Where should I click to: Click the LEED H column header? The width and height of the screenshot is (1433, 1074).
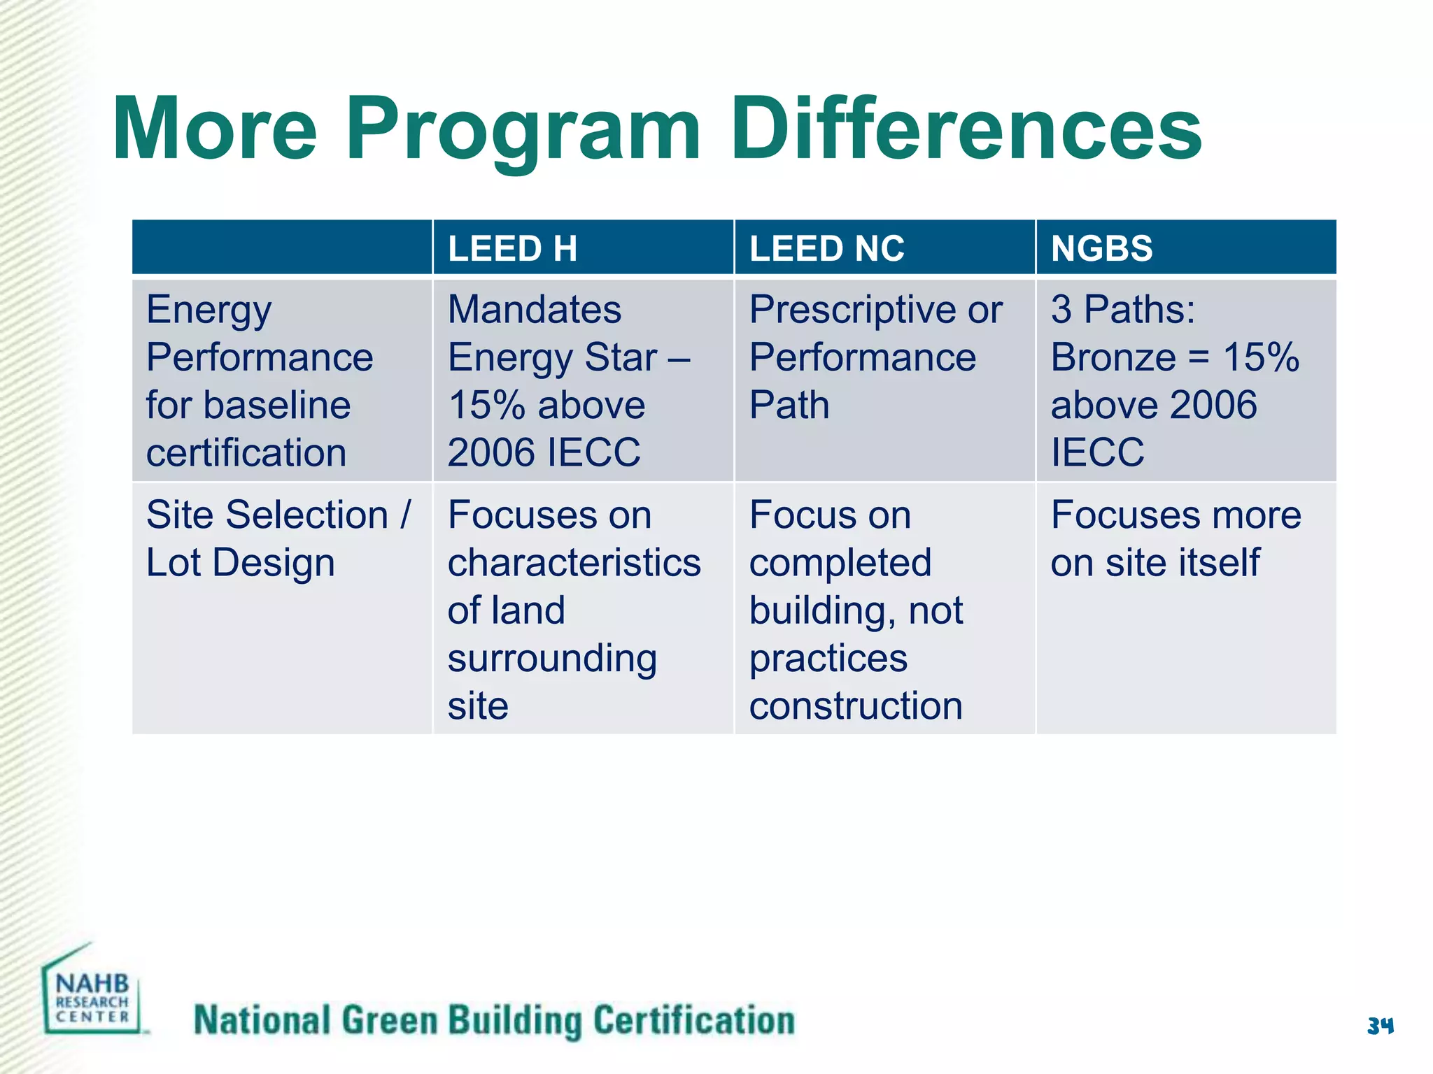[x=512, y=249]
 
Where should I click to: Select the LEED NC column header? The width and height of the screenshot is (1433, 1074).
[x=826, y=249]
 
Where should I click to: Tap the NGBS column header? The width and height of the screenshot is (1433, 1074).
[x=1101, y=249]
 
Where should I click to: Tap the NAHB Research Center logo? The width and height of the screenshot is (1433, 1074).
[x=92, y=993]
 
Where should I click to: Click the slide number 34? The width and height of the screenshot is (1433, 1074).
[x=1380, y=1026]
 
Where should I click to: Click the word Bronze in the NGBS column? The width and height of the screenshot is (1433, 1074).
[x=1113, y=358]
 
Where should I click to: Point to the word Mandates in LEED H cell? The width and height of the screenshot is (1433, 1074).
[x=535, y=310]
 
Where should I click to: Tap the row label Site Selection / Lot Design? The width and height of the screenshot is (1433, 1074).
[x=278, y=538]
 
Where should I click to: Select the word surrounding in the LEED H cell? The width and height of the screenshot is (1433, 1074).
[x=552, y=659]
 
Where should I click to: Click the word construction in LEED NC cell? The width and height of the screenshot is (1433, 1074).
[x=856, y=706]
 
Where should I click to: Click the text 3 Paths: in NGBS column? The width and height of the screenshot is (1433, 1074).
[x=1123, y=310]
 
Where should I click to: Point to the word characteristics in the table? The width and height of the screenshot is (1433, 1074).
[x=574, y=563]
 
